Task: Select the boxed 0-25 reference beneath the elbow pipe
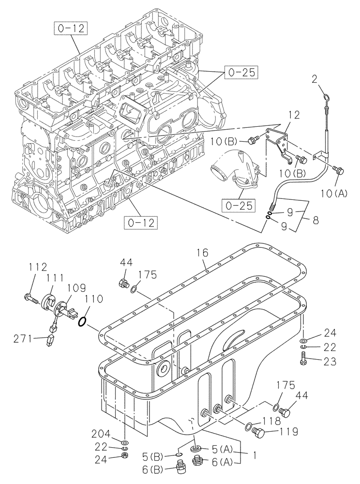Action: pyautogui.click(x=239, y=205)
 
